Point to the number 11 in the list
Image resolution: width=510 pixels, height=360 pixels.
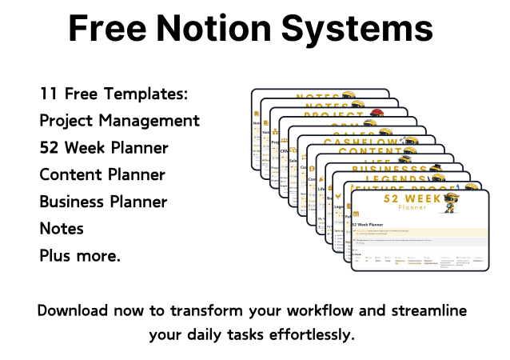(48, 94)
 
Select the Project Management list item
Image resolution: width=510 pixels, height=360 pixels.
(120, 121)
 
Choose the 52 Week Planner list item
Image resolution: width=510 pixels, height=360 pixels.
(104, 148)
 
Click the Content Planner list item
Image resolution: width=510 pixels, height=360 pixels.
(102, 175)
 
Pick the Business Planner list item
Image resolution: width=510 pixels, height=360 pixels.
(104, 202)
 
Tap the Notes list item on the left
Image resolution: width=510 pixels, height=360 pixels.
(62, 229)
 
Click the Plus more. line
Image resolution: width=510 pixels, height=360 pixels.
(80, 256)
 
